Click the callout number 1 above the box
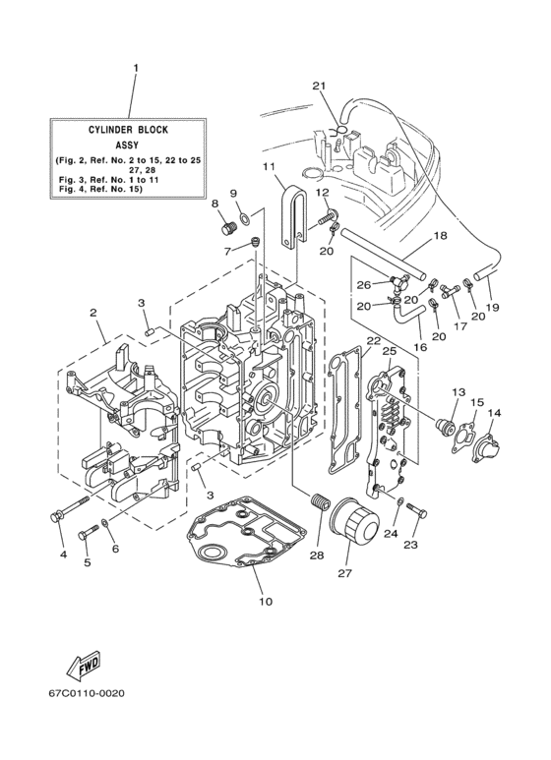[x=136, y=68]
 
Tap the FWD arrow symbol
[x=85, y=666]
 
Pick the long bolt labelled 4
[x=56, y=517]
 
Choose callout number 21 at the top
[x=318, y=86]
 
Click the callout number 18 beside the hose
[x=440, y=236]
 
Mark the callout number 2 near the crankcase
[x=92, y=313]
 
